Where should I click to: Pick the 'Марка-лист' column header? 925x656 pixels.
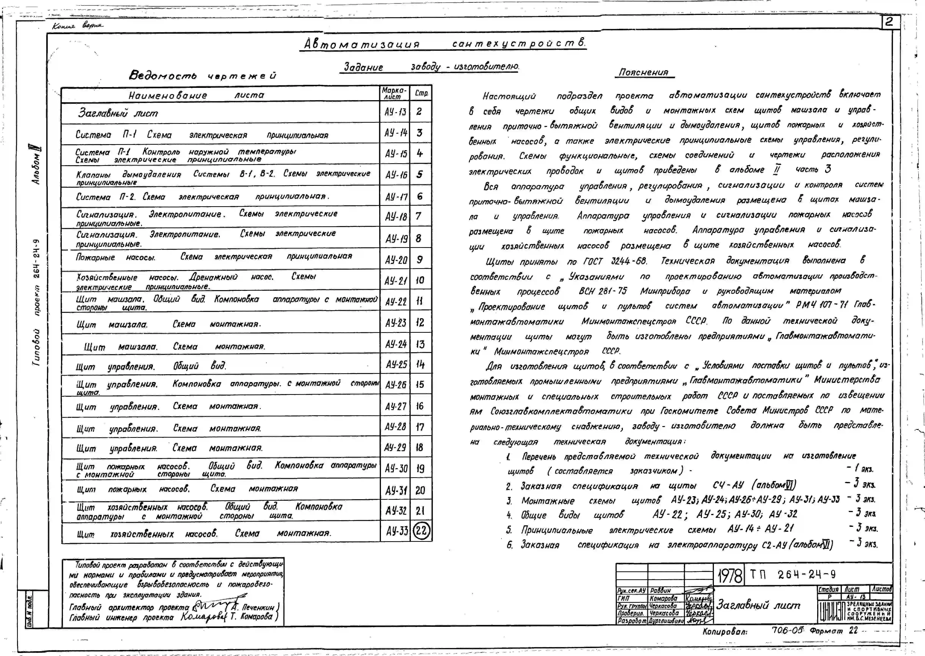point(394,93)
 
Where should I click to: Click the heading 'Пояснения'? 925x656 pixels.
point(644,72)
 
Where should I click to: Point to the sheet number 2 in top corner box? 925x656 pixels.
point(889,22)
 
